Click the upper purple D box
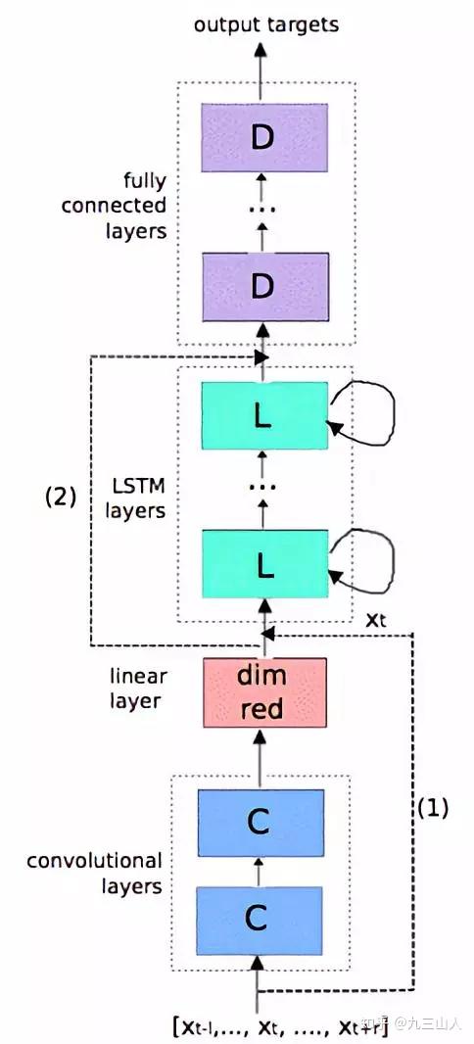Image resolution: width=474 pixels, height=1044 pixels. (261, 138)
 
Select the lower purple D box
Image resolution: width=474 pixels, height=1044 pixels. (261, 286)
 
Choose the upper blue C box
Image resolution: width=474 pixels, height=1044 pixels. (259, 823)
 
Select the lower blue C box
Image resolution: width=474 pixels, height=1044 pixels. (259, 919)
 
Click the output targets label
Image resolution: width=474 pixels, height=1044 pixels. (265, 24)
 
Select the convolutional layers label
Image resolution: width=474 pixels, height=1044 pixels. (94, 874)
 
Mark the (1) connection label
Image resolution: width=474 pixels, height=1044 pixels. (432, 808)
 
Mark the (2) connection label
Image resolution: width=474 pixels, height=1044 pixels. (60, 496)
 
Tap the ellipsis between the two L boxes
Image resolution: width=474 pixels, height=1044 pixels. (261, 487)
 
